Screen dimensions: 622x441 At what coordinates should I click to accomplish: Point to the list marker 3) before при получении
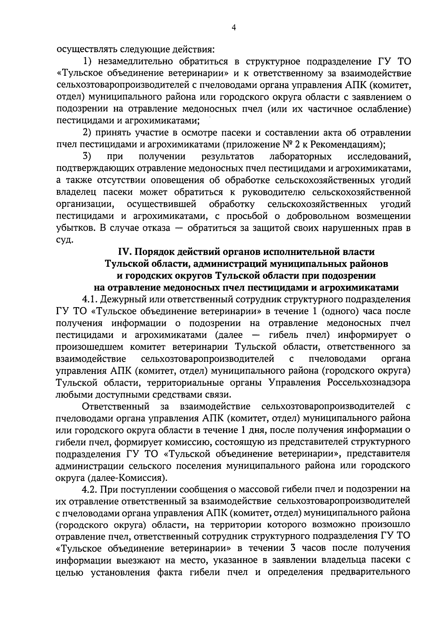tap(87, 157)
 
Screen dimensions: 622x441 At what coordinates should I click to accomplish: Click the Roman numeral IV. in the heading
tap(125, 252)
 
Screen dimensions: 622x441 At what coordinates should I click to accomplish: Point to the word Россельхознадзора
tap(368, 382)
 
